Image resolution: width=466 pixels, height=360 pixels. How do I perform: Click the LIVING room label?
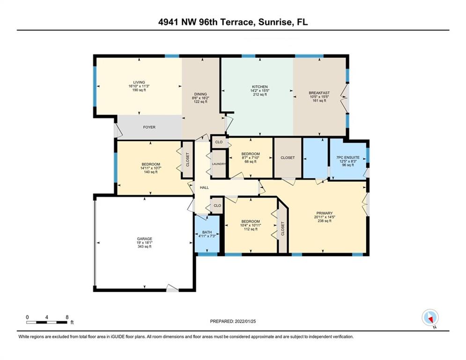click(139, 82)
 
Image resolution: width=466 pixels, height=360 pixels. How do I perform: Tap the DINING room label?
click(200, 94)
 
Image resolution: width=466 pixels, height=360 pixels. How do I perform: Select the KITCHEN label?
click(260, 87)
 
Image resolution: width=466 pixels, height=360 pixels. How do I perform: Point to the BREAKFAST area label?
click(319, 93)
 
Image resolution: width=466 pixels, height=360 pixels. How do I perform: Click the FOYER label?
click(149, 127)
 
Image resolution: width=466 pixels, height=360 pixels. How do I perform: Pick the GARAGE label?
click(145, 239)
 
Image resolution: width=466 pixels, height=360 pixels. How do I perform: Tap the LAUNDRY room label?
click(219, 164)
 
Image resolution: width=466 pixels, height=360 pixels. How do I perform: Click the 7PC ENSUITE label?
click(348, 157)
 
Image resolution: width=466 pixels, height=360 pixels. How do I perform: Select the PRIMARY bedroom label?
click(325, 213)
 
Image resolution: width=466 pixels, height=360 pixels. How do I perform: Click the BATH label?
click(207, 232)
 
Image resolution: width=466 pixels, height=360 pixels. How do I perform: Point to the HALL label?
click(204, 187)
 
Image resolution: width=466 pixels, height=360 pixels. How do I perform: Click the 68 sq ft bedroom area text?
click(251, 162)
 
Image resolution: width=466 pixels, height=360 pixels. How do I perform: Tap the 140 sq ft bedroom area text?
click(151, 172)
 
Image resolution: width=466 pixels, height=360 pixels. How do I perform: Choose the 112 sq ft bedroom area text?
click(251, 229)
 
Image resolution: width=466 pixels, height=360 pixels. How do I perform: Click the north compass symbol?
click(430, 317)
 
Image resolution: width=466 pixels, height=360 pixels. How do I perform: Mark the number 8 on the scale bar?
click(67, 317)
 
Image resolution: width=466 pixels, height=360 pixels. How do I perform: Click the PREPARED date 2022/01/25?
click(245, 321)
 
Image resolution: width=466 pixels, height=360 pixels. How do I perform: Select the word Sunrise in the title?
click(274, 22)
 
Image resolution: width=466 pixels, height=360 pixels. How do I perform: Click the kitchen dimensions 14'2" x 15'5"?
click(260, 91)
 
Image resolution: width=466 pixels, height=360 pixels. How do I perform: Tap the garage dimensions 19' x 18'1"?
click(145, 242)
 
